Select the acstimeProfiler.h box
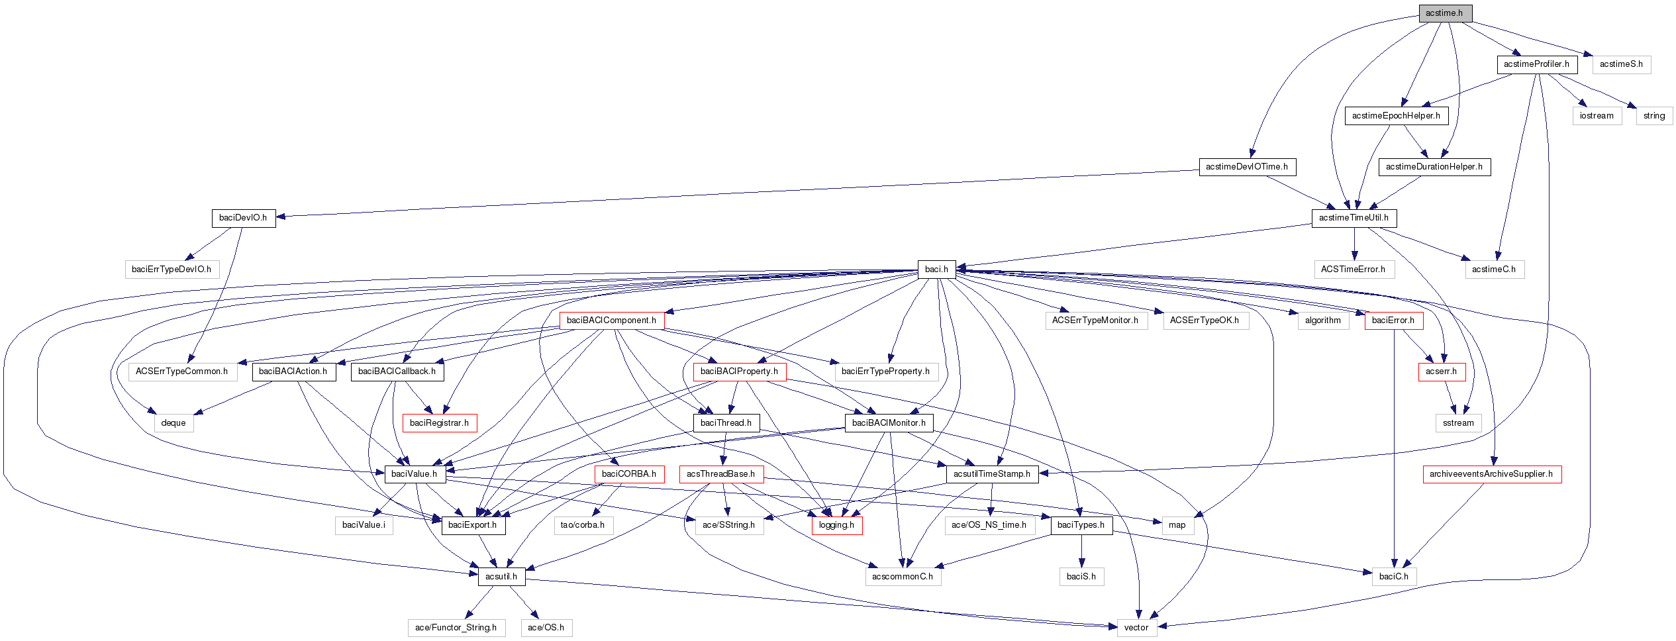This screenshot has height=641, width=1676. pos(1536,64)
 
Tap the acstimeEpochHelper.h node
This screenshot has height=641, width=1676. pos(1396,116)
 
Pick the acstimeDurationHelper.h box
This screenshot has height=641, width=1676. pos(1434,167)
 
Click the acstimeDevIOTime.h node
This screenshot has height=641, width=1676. pos(1247,167)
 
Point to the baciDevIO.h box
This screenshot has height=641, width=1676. pos(243,218)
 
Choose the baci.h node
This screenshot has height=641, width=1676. pos(936,270)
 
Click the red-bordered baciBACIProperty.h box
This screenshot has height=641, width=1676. pos(739,371)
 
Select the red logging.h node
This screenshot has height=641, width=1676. pos(836,525)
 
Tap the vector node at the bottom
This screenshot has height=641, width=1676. pos(1136,628)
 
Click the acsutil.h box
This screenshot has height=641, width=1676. pos(501,577)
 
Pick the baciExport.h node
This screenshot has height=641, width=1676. pos(472,525)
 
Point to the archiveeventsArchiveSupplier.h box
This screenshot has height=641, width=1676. pos(1491,474)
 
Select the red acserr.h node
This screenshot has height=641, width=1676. pos(1441,371)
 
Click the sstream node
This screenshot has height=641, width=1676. pos(1458,423)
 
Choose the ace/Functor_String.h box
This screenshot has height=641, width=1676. pos(456,628)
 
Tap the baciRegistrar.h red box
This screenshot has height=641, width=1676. pos(439,423)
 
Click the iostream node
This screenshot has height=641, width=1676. pos(1597,116)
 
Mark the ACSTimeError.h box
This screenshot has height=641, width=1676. pos(1353,270)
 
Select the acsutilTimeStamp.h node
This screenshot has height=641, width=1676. pos(991,474)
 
